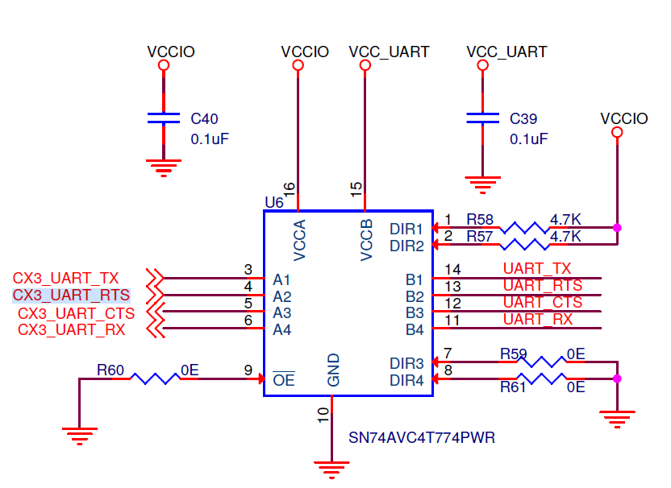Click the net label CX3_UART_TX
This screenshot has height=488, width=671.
coord(65,279)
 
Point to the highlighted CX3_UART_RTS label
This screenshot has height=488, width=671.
coord(71,296)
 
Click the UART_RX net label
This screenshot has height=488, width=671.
coord(537,320)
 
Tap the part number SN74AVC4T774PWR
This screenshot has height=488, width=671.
coord(421,438)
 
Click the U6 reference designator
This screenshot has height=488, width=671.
coord(273,201)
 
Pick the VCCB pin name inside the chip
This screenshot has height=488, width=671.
coord(367,239)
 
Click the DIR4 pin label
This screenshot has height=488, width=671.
coord(406,380)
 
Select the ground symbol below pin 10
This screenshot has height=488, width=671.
coord(331,466)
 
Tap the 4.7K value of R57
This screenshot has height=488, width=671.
coord(565,237)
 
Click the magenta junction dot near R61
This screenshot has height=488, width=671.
coord(618,378)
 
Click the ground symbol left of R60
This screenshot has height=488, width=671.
coord(78,437)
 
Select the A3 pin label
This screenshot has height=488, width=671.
coord(281,312)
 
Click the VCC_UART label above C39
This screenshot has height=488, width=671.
coord(506,52)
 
